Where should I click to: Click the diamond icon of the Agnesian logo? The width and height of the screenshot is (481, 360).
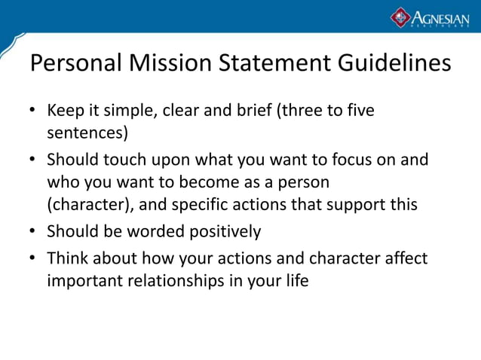coord(400,17)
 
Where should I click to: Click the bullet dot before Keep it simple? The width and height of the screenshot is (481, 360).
coord(33,112)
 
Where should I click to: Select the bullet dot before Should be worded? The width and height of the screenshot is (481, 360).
coord(33,231)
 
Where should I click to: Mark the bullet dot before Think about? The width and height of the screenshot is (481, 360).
coord(33,259)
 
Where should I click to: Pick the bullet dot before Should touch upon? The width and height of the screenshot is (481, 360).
coord(33,160)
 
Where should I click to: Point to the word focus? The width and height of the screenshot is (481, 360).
coord(345,160)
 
